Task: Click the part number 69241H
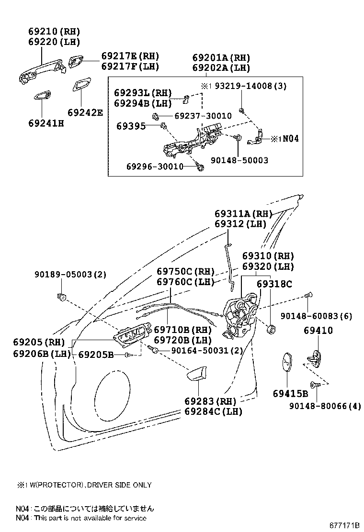click(46, 123)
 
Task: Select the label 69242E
click(85, 113)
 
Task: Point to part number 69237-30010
click(203, 116)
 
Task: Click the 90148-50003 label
click(239, 160)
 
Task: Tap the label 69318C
click(274, 284)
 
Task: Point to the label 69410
click(318, 331)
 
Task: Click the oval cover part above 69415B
click(286, 364)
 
